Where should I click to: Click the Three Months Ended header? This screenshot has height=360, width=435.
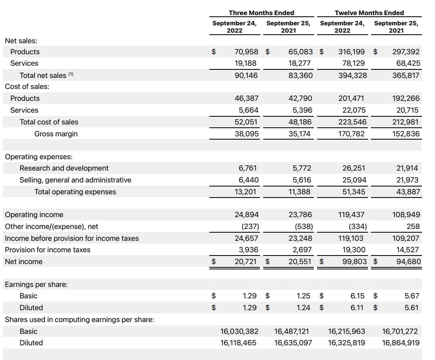tap(261, 13)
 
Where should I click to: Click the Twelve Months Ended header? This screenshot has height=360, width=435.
tap(369, 13)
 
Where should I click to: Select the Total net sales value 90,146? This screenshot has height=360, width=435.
tap(246, 76)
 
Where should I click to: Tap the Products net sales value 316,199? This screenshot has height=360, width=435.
tap(352, 52)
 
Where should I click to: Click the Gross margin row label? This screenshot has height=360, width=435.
tap(56, 134)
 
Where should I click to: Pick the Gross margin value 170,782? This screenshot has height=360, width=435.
tap(353, 134)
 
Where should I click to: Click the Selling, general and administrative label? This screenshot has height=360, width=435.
tap(75, 180)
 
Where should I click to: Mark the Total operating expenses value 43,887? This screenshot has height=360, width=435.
tap(408, 192)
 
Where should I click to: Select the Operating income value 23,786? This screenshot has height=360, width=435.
tap(300, 215)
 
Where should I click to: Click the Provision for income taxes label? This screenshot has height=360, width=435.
tap(48, 250)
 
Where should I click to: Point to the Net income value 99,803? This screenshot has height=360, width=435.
tap(354, 262)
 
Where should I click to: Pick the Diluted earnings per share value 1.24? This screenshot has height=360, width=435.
tap(303, 308)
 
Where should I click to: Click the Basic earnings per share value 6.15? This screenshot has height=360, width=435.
tap(357, 296)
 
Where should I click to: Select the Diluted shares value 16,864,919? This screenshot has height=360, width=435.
tap(401, 343)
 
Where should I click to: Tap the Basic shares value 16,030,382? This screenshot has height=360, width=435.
tap(239, 331)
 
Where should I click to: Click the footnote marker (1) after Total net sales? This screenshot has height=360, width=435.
tap(71, 74)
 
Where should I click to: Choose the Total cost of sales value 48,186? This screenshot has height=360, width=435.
tap(300, 122)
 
